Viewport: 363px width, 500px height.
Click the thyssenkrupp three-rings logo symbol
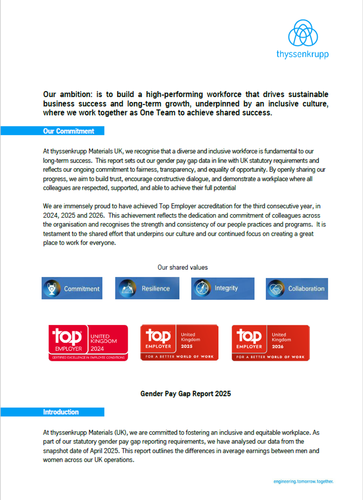(x=303, y=33)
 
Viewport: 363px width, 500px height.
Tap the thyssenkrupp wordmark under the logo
(x=303, y=54)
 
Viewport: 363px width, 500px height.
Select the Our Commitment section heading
(x=68, y=131)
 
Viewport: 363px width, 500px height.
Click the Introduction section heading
(x=61, y=412)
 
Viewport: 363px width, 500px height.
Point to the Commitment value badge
(x=72, y=288)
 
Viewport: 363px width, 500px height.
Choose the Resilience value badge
(x=147, y=288)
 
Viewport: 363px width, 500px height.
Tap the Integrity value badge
(x=223, y=288)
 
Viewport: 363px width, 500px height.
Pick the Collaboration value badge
(x=297, y=289)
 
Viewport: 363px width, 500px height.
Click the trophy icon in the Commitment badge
(x=52, y=288)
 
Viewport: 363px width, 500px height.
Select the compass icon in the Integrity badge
(x=202, y=288)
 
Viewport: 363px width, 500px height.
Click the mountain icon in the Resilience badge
(x=127, y=288)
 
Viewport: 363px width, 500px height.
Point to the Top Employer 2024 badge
(x=88, y=343)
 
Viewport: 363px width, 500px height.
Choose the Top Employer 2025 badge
(x=179, y=343)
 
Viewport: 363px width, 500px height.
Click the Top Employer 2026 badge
(x=271, y=343)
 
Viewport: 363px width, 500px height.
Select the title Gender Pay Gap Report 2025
(x=185, y=394)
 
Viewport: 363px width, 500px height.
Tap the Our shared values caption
(x=183, y=267)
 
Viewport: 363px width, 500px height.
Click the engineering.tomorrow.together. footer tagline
(x=303, y=481)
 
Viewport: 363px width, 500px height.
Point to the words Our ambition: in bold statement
(x=68, y=94)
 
